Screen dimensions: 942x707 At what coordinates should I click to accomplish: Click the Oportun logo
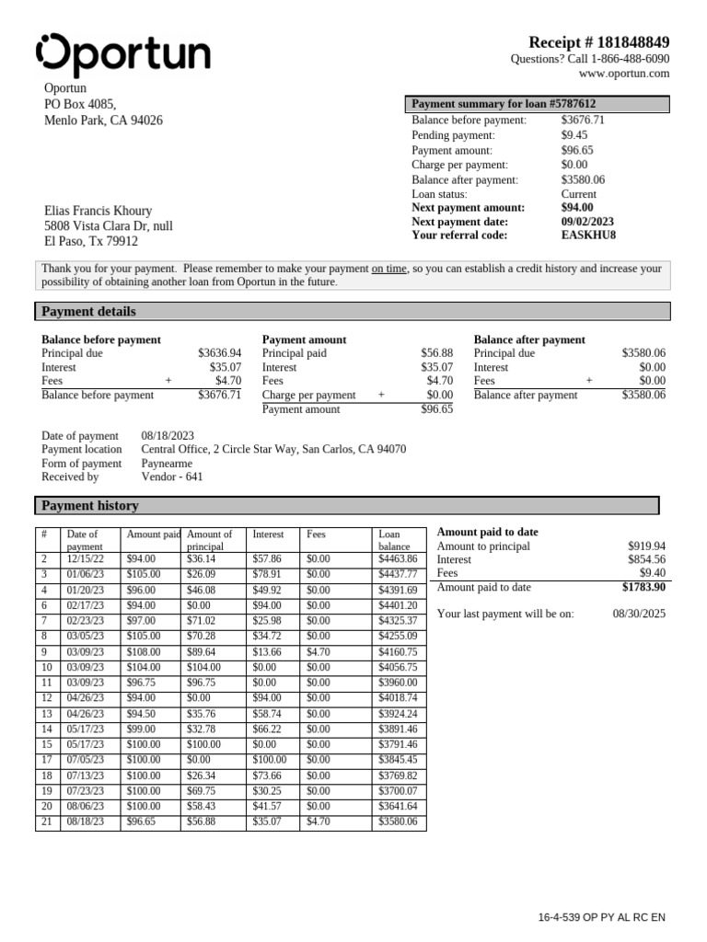click(122, 54)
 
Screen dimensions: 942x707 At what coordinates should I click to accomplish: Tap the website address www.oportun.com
click(624, 74)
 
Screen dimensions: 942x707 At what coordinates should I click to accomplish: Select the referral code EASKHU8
click(588, 235)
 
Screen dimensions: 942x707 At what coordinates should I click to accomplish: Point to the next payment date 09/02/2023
click(587, 222)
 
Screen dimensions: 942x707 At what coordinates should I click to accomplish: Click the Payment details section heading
click(89, 312)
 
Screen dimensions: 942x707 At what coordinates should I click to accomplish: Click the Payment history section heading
click(90, 506)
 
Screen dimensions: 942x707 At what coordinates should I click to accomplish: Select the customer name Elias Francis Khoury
click(99, 211)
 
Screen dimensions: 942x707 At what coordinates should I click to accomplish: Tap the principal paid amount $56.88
click(436, 353)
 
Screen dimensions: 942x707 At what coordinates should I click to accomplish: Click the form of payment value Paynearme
click(167, 464)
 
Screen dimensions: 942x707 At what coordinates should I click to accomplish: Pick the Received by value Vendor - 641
click(172, 477)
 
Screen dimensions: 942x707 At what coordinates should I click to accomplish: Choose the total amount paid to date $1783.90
click(643, 587)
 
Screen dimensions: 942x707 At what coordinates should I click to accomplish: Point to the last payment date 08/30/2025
click(639, 614)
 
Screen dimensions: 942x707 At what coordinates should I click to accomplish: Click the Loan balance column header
click(394, 540)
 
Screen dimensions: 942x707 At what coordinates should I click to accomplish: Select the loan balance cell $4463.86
click(398, 559)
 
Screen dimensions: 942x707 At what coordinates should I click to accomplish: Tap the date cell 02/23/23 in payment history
click(86, 620)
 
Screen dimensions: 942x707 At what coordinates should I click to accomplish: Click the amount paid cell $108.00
click(143, 650)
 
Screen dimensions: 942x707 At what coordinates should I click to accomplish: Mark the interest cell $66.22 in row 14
click(266, 728)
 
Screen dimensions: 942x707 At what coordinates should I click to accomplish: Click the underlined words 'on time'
click(388, 269)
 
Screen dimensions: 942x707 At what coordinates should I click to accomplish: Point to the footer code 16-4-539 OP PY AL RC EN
click(601, 918)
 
